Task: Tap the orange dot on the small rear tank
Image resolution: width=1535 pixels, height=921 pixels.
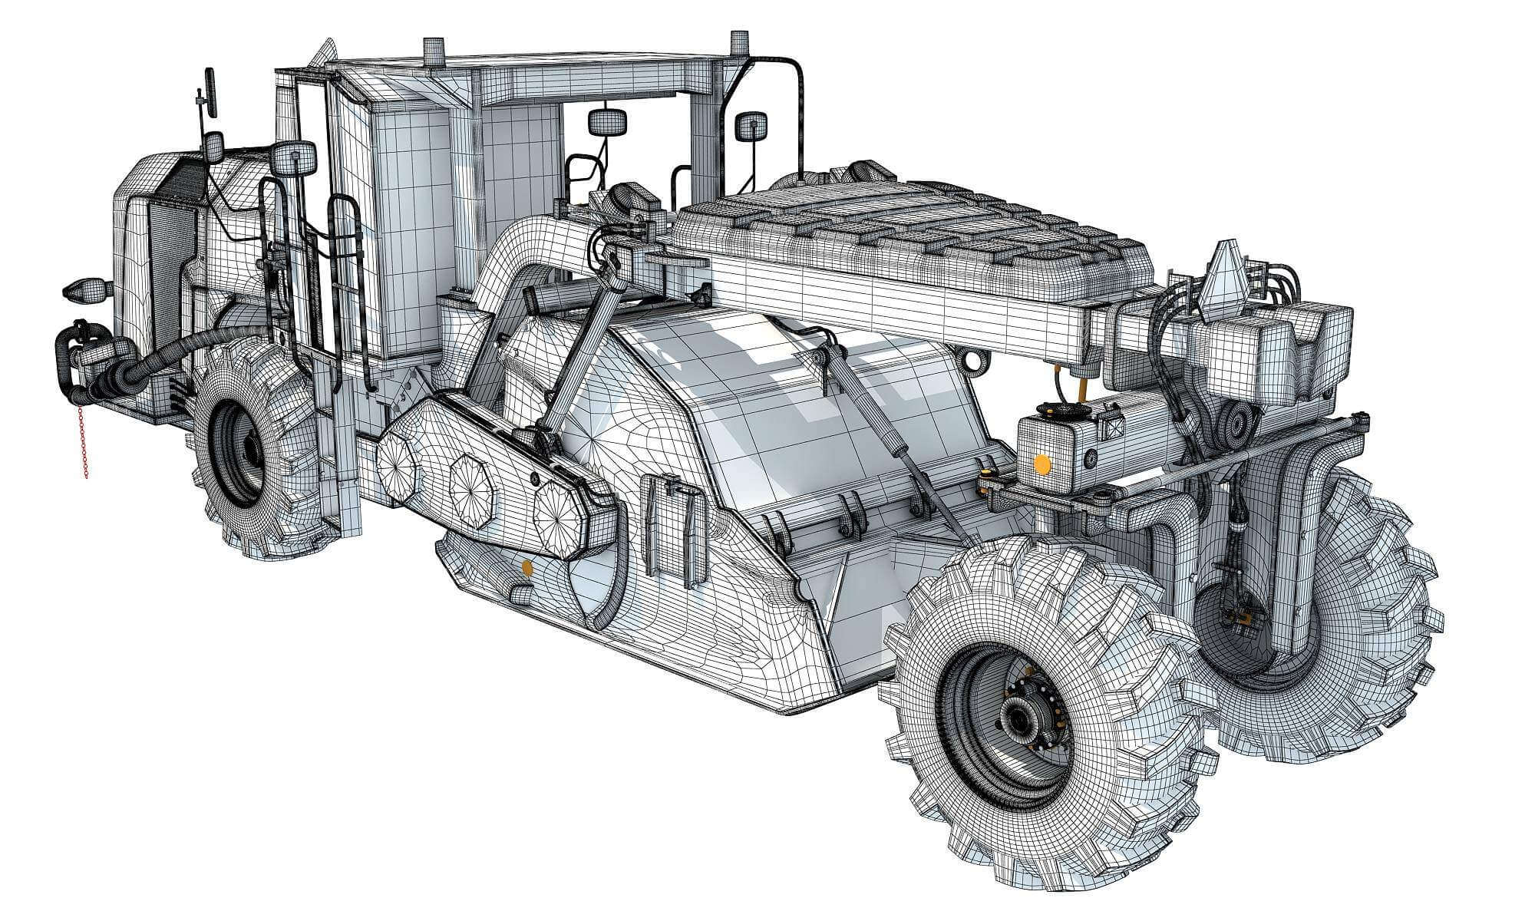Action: pos(1042,464)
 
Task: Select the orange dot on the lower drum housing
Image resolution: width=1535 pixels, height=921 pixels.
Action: pos(527,567)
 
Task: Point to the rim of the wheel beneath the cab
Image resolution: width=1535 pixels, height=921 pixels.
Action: pos(238,452)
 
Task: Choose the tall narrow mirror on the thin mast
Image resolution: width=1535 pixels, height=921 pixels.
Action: pos(208,92)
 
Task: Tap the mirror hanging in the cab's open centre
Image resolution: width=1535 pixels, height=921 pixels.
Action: pos(607,121)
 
